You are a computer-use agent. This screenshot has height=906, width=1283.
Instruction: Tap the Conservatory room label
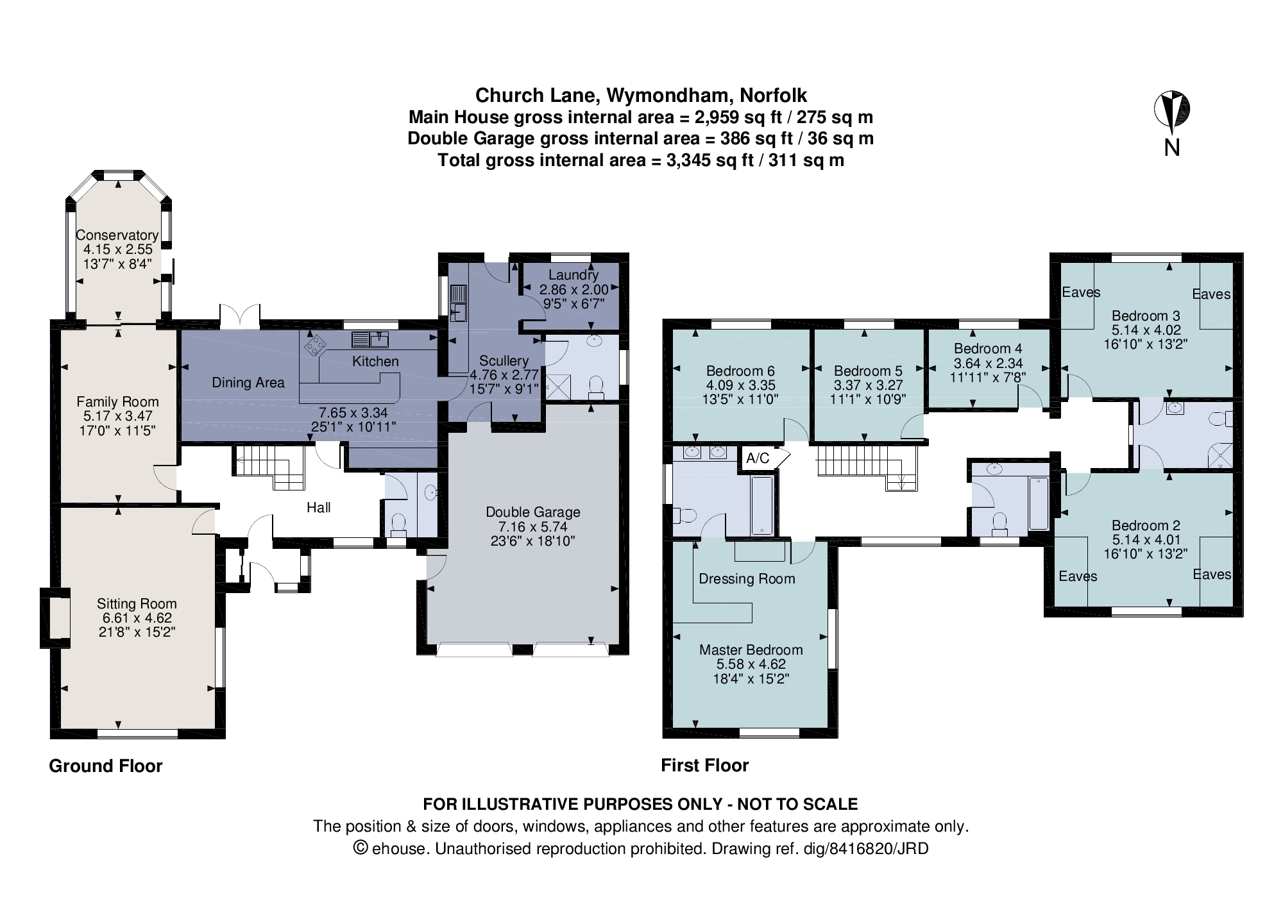117,235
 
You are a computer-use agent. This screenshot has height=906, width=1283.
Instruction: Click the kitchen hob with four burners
315,345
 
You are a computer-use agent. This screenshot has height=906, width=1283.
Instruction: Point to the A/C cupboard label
758,458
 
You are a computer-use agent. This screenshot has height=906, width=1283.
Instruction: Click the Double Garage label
532,512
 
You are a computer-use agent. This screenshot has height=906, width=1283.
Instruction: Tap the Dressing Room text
747,579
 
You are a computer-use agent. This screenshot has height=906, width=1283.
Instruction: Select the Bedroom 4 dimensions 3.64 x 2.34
988,363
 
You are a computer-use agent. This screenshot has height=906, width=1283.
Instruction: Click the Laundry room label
573,275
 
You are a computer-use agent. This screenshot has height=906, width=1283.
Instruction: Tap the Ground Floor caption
106,766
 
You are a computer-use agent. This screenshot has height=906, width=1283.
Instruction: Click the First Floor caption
704,766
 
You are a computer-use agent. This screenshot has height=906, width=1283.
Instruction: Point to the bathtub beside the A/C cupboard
762,505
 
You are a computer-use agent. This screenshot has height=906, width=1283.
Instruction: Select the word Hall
318,508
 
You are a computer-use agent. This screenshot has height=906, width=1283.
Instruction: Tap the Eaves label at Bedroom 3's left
1080,292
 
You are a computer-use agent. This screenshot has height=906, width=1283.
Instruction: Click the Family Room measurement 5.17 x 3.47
117,416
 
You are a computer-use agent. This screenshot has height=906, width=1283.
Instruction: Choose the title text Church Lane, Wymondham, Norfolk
640,96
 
